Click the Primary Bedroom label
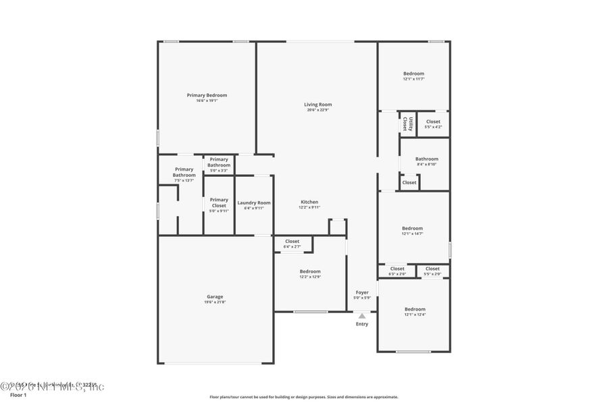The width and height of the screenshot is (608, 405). pyautogui.click(x=207, y=95)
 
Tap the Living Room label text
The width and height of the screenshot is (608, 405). pyautogui.click(x=318, y=105)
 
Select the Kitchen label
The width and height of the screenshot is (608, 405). pyautogui.click(x=309, y=202)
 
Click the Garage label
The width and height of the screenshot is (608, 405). pyautogui.click(x=215, y=296)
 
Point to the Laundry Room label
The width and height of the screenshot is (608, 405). pyautogui.click(x=254, y=202)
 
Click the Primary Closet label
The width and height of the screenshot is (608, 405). pyautogui.click(x=219, y=202)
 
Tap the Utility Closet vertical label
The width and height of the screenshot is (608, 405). pyautogui.click(x=407, y=124)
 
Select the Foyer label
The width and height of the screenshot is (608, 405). pyautogui.click(x=362, y=292)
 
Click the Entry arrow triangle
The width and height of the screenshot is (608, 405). pyautogui.click(x=362, y=315)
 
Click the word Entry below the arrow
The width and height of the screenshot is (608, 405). pyautogui.click(x=362, y=324)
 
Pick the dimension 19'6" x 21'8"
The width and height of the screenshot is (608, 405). pyautogui.click(x=215, y=302)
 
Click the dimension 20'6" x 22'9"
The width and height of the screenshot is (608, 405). pyautogui.click(x=318, y=110)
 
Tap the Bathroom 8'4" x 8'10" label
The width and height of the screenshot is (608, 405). pyautogui.click(x=426, y=159)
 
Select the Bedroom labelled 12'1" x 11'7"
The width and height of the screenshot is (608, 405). pyautogui.click(x=413, y=74)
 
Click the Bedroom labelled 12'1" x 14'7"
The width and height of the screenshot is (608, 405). pyautogui.click(x=412, y=228)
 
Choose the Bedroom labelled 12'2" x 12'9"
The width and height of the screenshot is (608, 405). pyautogui.click(x=310, y=271)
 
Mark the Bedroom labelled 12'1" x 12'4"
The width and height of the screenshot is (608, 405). pyautogui.click(x=415, y=309)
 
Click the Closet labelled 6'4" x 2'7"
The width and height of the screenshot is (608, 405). pyautogui.click(x=293, y=241)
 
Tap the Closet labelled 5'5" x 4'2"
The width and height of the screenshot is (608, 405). pyautogui.click(x=433, y=122)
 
